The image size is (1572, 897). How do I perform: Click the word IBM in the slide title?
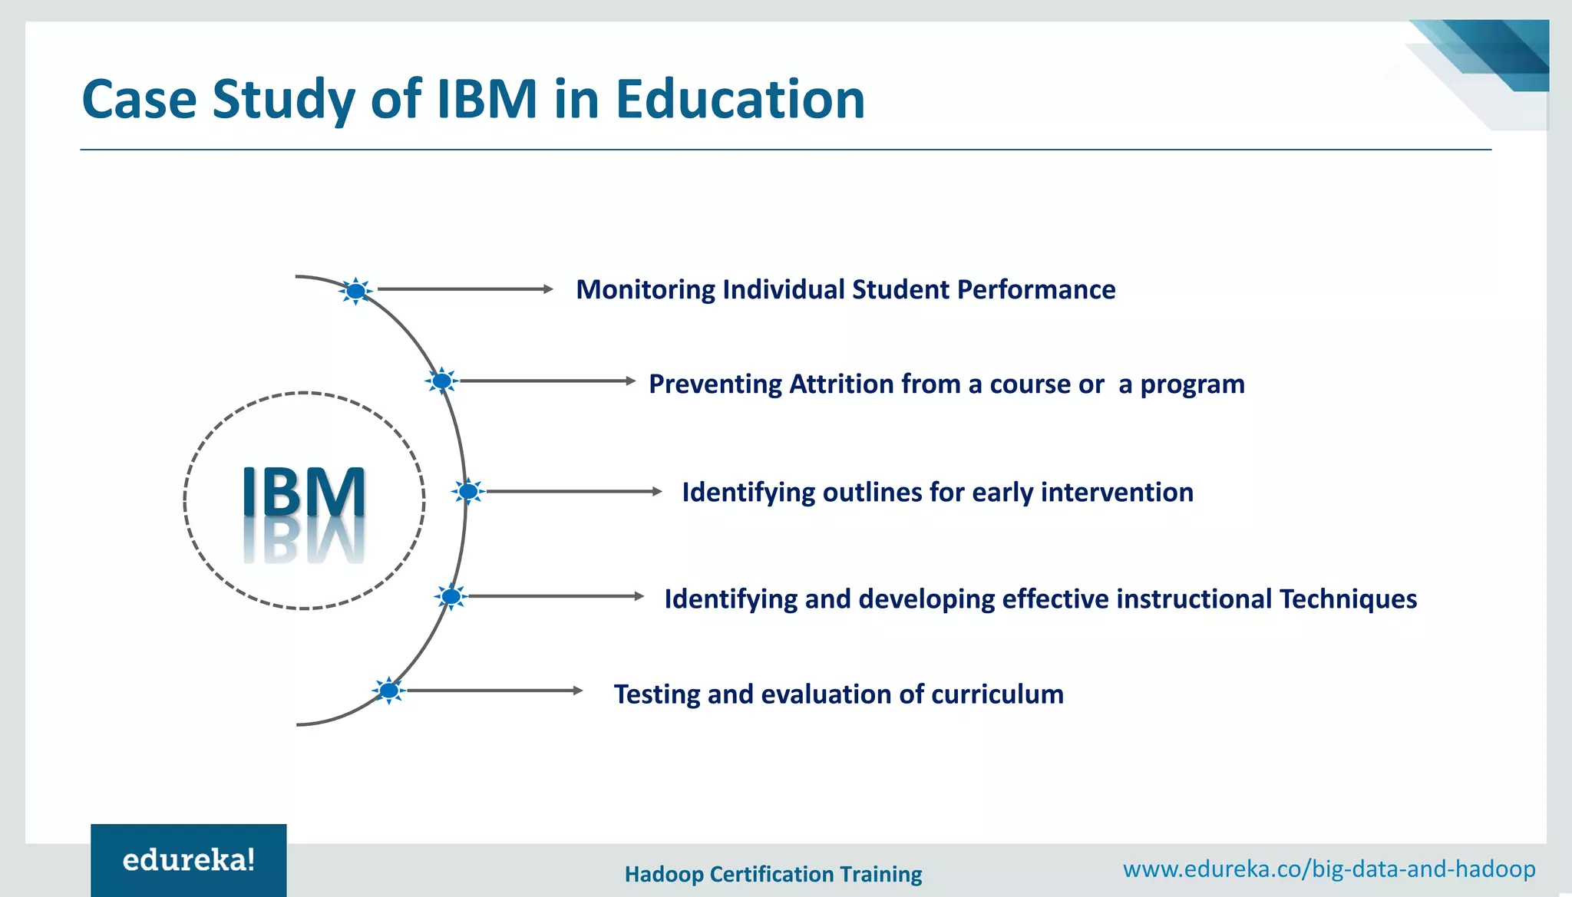coord(487,100)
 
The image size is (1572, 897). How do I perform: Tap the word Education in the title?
coord(740,100)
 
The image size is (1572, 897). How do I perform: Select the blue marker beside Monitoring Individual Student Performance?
coord(355,291)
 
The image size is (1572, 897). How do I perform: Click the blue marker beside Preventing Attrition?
coord(441,381)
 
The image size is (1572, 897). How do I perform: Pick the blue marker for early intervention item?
coord(467,491)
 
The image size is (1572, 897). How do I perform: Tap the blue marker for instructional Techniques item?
coord(451,596)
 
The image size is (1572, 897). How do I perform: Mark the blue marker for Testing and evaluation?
coord(389,691)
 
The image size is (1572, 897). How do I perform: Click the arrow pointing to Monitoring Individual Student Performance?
coord(464,289)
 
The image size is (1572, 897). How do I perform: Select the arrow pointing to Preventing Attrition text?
coord(547,381)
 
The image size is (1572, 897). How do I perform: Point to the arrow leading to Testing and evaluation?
coord(494,691)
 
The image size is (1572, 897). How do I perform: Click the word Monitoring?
coord(645,290)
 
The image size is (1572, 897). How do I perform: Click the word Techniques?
coord(1348,599)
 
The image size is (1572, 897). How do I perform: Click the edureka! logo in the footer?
coord(189,860)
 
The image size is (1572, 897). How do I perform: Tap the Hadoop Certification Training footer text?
coord(773,874)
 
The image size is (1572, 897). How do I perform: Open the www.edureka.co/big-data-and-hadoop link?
coord(1329,869)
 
